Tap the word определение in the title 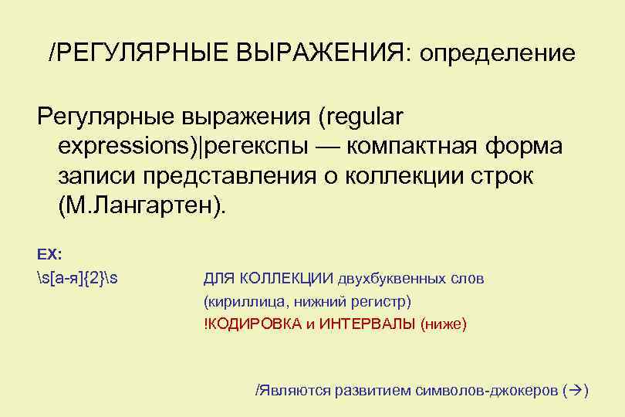(496, 53)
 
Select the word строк (501, 175)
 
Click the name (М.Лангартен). (144, 205)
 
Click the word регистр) (383, 300)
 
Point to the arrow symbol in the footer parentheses (575, 390)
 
